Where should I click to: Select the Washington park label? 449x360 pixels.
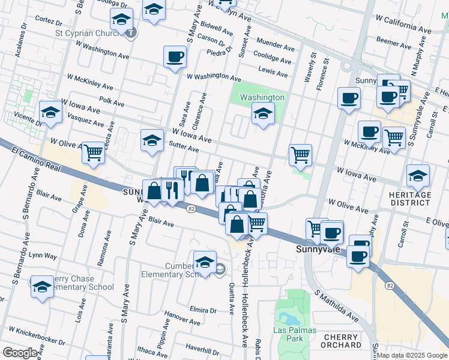(x=262, y=97)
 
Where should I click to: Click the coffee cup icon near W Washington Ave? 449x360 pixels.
(x=175, y=57)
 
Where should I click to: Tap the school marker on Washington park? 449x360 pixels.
(x=262, y=113)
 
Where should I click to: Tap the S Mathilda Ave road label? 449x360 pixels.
(x=337, y=307)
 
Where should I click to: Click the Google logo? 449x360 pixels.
(x=20, y=353)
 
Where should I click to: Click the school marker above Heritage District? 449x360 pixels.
(x=418, y=175)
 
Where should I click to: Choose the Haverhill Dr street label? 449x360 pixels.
(x=201, y=347)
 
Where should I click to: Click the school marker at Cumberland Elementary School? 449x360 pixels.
(x=205, y=262)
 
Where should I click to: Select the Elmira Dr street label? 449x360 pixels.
(x=201, y=310)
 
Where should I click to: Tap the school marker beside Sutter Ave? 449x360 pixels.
(x=152, y=140)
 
